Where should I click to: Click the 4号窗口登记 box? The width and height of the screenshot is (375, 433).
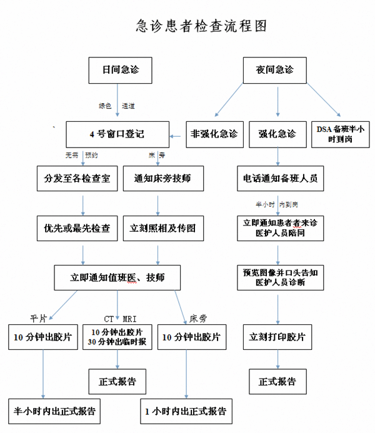(117, 134)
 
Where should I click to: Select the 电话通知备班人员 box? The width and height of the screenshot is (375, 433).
(280, 178)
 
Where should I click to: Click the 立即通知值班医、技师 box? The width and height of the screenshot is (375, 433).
(117, 276)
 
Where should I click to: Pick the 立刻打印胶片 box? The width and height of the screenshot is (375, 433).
(277, 337)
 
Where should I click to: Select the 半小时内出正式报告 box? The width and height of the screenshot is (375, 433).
(55, 412)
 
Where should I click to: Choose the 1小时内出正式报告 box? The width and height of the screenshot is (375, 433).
(186, 412)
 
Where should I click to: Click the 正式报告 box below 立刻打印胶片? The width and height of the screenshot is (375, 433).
(277, 381)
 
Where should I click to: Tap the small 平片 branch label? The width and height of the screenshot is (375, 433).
(39, 317)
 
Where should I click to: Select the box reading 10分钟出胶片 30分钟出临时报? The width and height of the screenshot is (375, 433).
(117, 337)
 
